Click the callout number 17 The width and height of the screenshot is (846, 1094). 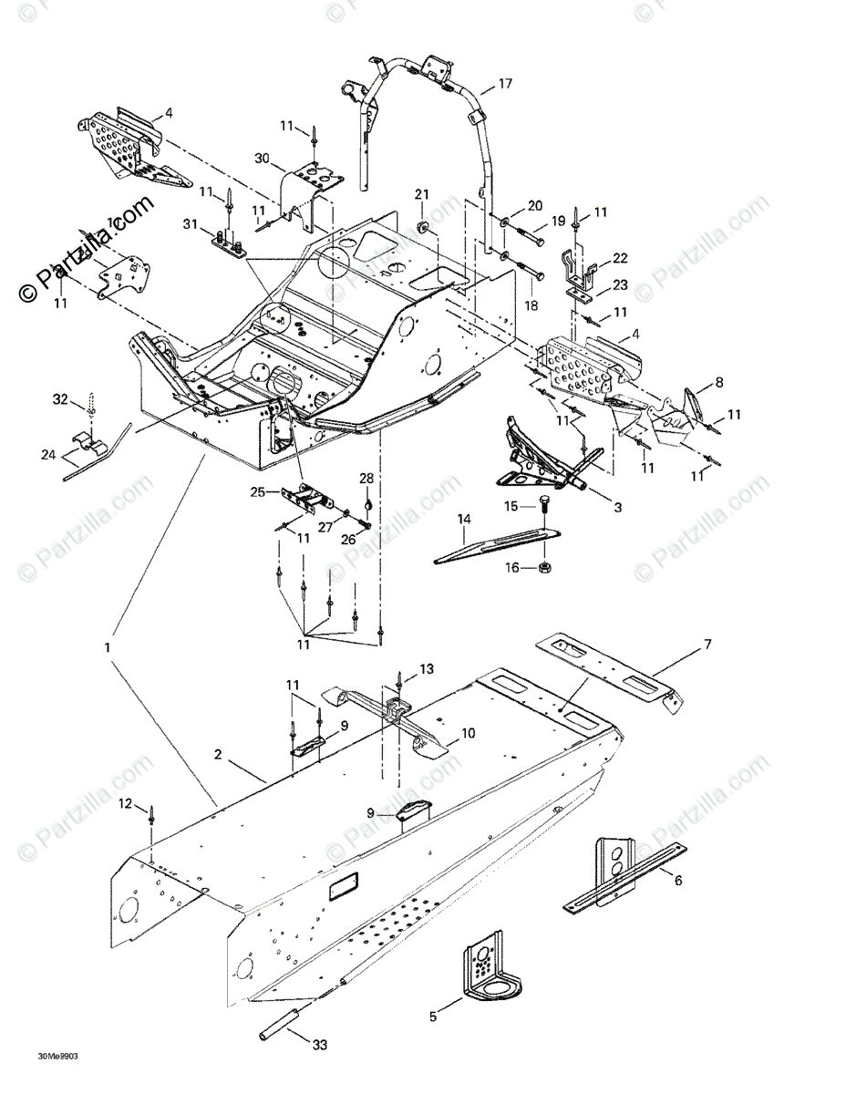(x=505, y=83)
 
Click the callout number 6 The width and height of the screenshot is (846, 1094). (x=677, y=880)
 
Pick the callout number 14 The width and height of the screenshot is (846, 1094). (x=464, y=519)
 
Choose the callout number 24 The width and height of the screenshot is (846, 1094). (x=46, y=453)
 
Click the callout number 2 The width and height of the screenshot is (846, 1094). (x=218, y=754)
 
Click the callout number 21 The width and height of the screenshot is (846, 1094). (x=421, y=193)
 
